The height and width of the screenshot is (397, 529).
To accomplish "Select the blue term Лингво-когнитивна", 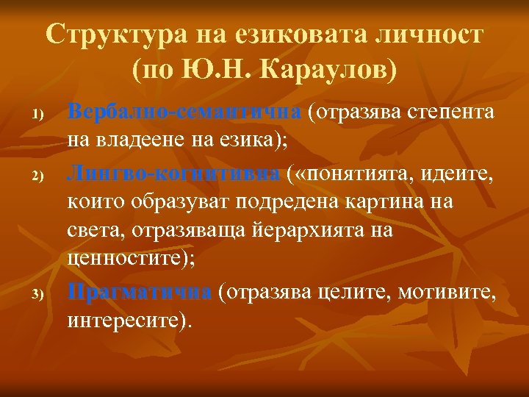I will pyautogui.click(x=174, y=174).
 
